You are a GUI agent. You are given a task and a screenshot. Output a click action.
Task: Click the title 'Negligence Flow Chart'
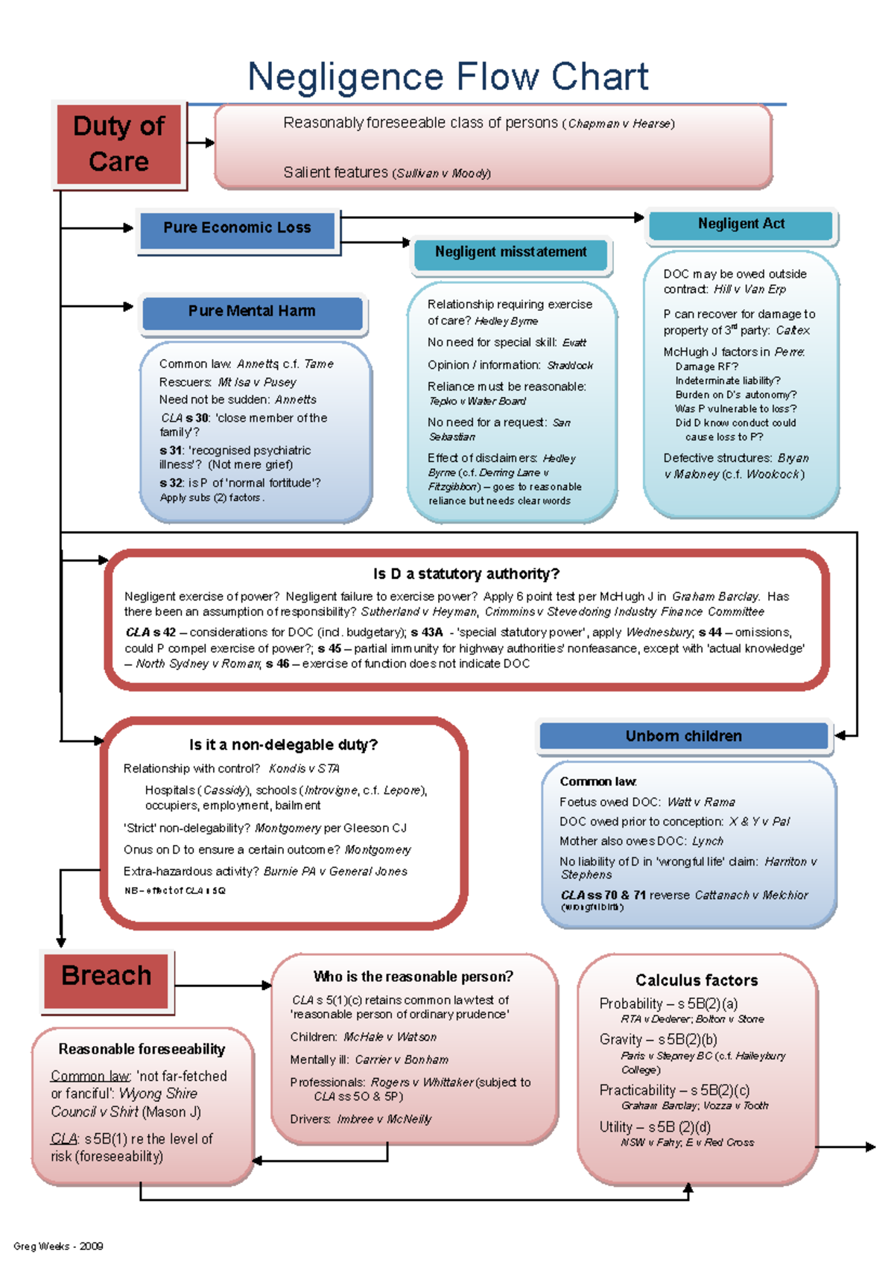pos(448,77)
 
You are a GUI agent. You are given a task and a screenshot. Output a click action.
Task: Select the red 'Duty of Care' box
pos(119,143)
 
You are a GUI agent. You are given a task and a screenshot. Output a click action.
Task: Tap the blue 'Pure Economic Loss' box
pos(238,228)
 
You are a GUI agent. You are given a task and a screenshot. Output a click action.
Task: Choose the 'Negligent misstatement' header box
pos(510,253)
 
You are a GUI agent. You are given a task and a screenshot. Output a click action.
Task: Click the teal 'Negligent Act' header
pos(741,224)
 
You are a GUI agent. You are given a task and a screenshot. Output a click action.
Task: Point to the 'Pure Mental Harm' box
pos(252,311)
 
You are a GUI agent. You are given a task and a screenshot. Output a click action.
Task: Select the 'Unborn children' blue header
pos(683,736)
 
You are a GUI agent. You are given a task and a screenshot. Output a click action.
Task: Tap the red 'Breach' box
pos(107,976)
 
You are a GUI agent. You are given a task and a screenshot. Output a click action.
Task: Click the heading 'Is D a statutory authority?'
pos(466,574)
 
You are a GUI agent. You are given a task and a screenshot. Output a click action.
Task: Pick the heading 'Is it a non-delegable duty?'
pos(283,745)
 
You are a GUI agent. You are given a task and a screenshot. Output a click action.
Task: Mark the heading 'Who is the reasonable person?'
pos(413,977)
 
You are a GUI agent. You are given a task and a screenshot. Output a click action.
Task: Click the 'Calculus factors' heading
pos(697,980)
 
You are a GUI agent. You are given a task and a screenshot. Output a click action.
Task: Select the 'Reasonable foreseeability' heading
pos(142,1049)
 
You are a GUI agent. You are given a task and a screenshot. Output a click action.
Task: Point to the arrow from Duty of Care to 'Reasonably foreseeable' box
pos(200,142)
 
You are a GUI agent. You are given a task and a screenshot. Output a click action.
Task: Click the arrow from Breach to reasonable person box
pos(223,986)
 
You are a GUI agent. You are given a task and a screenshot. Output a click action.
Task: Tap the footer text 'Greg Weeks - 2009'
pos(58,1246)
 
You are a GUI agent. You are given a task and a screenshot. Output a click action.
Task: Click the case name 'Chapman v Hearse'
pos(621,124)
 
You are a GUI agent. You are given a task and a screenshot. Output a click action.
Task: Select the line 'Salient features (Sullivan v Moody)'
pos(387,173)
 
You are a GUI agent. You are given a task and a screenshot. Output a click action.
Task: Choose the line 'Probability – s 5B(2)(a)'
pos(668,1004)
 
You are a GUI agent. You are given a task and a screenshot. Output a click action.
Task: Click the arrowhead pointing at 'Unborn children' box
pos(840,735)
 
